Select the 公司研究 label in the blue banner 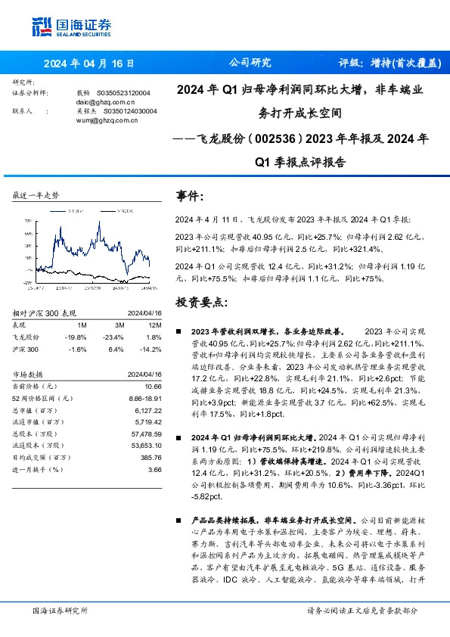click(250, 63)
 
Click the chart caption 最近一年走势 click(36, 195)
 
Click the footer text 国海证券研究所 click(61, 611)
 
